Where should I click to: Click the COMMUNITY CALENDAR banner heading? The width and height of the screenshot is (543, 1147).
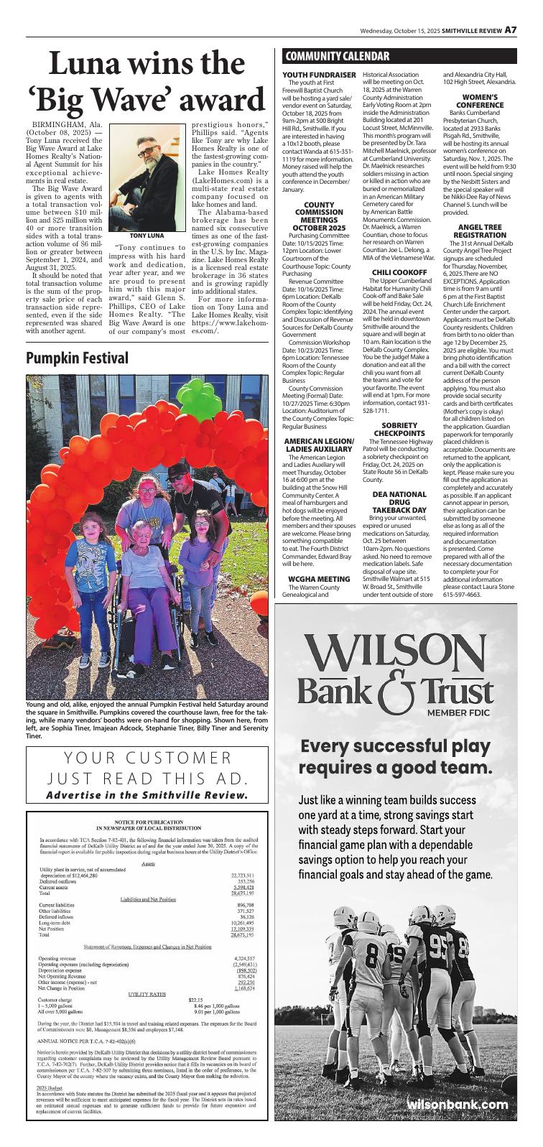[337, 57]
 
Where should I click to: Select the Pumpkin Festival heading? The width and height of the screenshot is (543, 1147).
[77, 358]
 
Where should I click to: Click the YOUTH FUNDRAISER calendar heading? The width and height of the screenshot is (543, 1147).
[319, 75]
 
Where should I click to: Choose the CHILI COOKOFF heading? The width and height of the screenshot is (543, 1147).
[399, 272]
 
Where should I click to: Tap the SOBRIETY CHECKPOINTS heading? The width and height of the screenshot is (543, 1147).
[399, 429]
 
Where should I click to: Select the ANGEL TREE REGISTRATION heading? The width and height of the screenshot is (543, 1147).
[480, 231]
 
